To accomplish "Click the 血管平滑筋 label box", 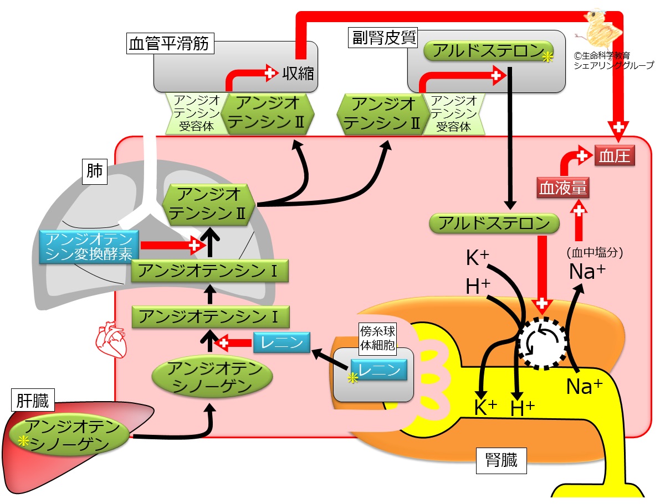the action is (170, 43).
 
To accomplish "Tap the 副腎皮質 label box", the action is (383, 38).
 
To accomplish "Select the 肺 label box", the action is (94, 172).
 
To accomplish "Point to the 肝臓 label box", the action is (32, 400).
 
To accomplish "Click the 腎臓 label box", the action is (501, 460).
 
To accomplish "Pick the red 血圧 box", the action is (614, 156).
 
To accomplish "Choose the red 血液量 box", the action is (563, 188).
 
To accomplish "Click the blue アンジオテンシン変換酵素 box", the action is (89, 247).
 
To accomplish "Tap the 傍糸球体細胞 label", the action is (377, 338).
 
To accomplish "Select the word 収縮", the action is (298, 74).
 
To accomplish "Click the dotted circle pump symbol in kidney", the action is (542, 343).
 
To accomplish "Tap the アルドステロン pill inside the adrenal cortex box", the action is (489, 51).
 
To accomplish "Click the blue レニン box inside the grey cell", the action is (379, 370).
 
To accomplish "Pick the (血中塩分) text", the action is (595, 252).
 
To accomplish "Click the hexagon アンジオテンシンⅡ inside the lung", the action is (209, 204).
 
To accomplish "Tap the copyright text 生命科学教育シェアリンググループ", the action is (613, 60).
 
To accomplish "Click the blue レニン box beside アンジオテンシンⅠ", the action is (282, 342).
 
